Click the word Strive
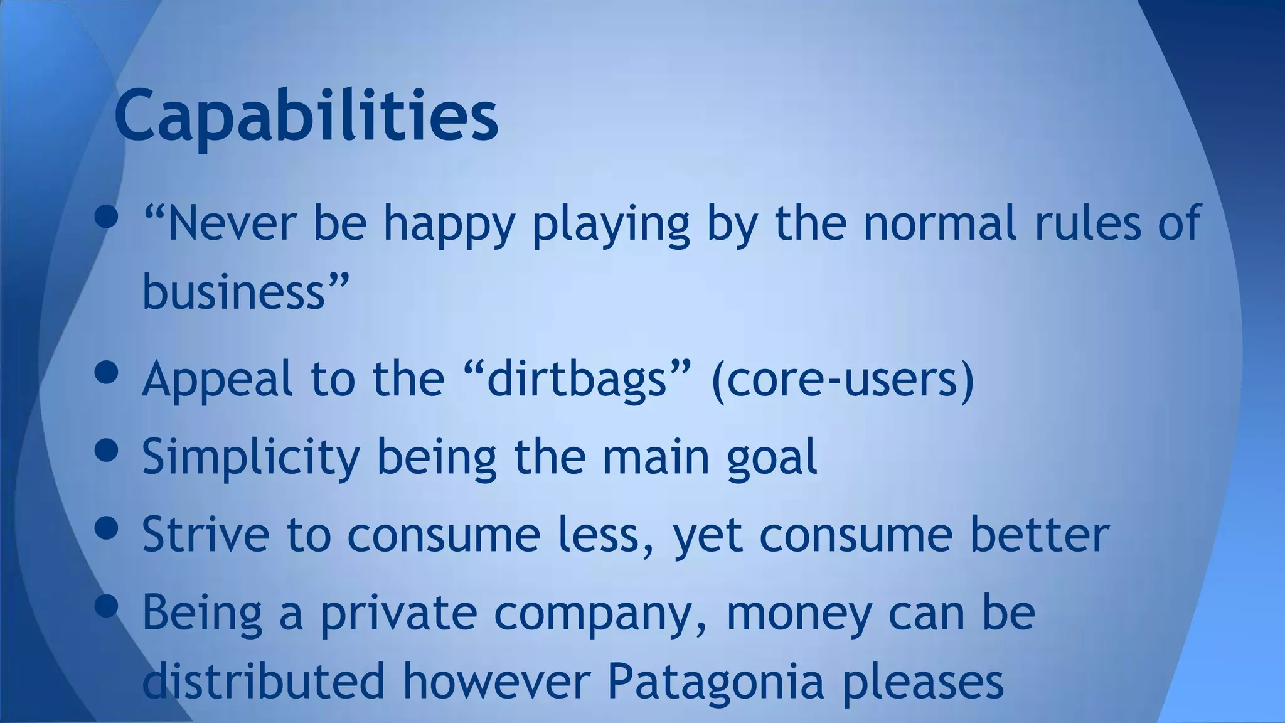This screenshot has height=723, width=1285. (x=205, y=535)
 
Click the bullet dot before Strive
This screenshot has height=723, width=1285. (x=107, y=527)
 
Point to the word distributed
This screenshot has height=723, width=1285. (x=264, y=681)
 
